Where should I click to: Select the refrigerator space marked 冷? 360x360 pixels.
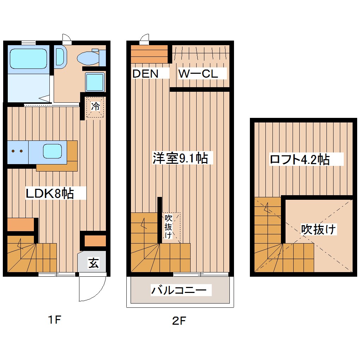point(95,106)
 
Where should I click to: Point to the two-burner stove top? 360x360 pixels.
point(17,151)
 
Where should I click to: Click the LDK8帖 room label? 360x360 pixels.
point(50,193)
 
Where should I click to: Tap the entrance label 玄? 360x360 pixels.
point(93,263)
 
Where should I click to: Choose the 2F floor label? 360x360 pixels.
point(179,321)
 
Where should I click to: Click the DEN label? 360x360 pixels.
point(145,74)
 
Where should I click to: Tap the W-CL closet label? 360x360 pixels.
point(198,74)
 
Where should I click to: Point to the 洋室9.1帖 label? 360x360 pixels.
point(182,158)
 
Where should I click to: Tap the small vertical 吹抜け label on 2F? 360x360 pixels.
point(168,226)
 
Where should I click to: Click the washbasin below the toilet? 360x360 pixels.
point(95,82)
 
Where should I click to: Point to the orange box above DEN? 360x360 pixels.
point(149,54)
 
